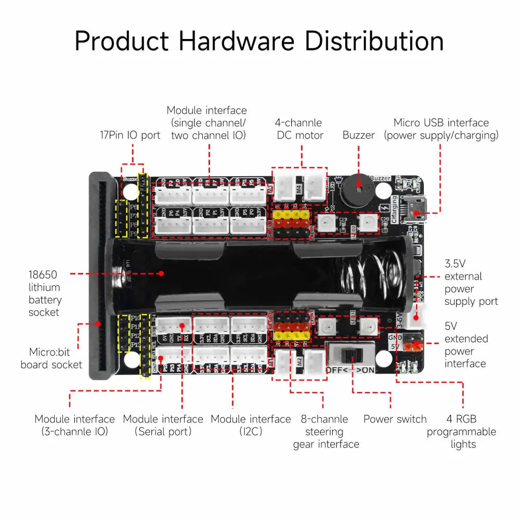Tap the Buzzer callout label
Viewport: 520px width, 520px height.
tap(358, 135)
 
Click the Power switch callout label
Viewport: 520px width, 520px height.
tap(395, 419)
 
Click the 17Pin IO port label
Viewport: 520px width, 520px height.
tap(130, 135)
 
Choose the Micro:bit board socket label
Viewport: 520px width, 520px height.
tap(51, 358)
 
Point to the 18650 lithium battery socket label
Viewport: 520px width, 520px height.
tap(45, 293)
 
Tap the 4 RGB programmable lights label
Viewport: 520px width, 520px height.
tap(462, 432)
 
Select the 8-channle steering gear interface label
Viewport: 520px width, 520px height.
tap(326, 432)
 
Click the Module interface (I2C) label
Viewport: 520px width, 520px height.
tap(251, 425)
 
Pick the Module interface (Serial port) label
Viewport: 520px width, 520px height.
tap(163, 425)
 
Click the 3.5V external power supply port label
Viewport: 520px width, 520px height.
tap(471, 282)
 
